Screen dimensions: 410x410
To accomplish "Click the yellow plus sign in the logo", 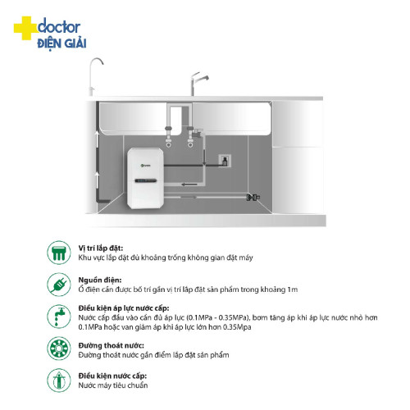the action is coord(25,28).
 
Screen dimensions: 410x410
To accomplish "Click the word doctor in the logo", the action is coord(59,26).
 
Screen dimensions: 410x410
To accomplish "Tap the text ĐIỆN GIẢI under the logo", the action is coord(61,43).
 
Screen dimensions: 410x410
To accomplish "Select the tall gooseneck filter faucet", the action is coord(95,76).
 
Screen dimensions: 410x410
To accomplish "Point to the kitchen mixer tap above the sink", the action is coord(198,84).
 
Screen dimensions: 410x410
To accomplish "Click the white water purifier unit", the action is coord(145,178).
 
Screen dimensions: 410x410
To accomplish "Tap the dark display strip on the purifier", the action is coord(146,180).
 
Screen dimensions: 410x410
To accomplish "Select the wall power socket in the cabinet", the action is coord(225,161).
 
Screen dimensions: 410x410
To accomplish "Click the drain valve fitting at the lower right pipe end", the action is coord(253,197).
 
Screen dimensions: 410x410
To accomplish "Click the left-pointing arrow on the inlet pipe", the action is coord(189,184).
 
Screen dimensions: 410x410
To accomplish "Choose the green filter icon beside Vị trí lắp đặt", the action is coord(59,253).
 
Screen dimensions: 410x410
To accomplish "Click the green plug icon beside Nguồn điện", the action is coord(59,285).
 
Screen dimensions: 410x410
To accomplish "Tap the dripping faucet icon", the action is coord(59,317).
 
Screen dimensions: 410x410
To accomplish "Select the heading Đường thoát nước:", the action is coord(111,345).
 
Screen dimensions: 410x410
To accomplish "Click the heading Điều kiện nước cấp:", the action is coord(112,376).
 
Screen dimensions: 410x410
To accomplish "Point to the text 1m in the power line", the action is coord(292,289).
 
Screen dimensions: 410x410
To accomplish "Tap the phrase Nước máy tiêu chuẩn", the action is coord(113,385).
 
